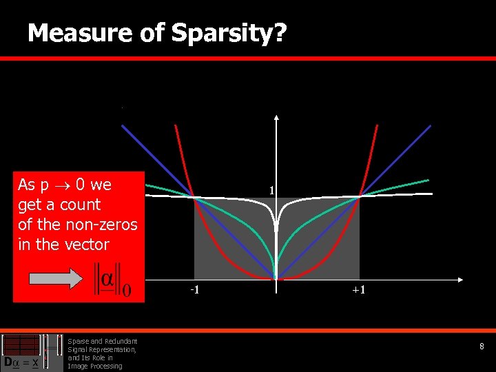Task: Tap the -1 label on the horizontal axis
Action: click(x=196, y=289)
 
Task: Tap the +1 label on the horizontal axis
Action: click(x=359, y=290)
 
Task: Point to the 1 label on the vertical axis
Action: click(x=272, y=190)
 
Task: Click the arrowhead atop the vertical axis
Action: click(x=276, y=116)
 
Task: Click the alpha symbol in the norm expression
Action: click(x=107, y=280)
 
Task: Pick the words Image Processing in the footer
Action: click(x=94, y=366)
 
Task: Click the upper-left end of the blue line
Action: click(x=123, y=125)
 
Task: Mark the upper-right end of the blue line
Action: click(x=430, y=126)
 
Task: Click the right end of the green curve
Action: click(x=427, y=180)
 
